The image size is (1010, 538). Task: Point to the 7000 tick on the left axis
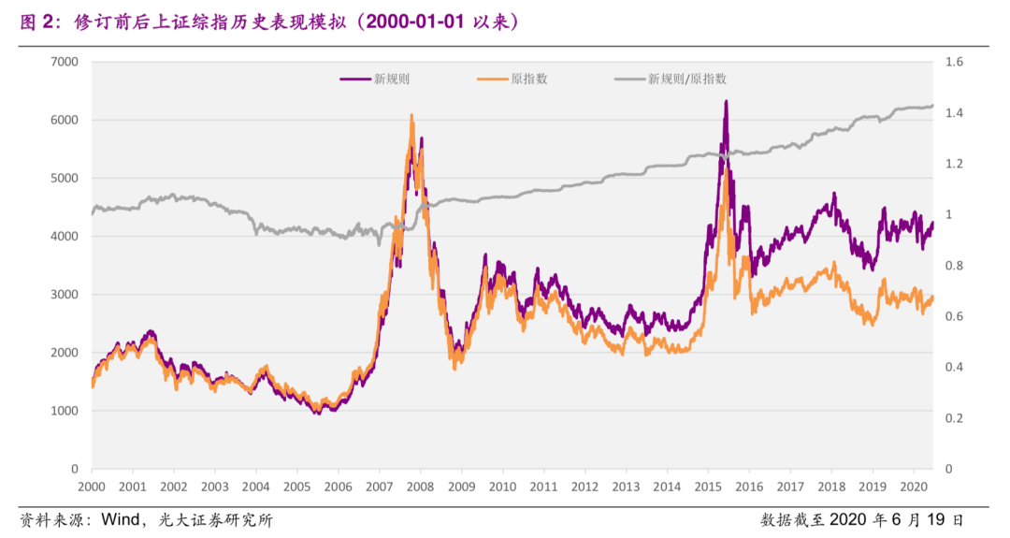(x=65, y=62)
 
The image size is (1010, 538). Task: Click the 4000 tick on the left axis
(x=65, y=237)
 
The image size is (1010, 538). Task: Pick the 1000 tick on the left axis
(x=65, y=411)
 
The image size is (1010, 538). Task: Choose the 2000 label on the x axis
(x=92, y=487)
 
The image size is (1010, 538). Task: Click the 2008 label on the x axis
(x=420, y=487)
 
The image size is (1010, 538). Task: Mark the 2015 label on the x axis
(x=708, y=487)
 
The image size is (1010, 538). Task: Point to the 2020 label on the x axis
(x=914, y=487)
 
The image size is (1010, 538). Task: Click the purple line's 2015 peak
(x=726, y=101)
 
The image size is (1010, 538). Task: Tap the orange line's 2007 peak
(x=411, y=116)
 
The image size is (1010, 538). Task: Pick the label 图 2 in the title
(x=36, y=22)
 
